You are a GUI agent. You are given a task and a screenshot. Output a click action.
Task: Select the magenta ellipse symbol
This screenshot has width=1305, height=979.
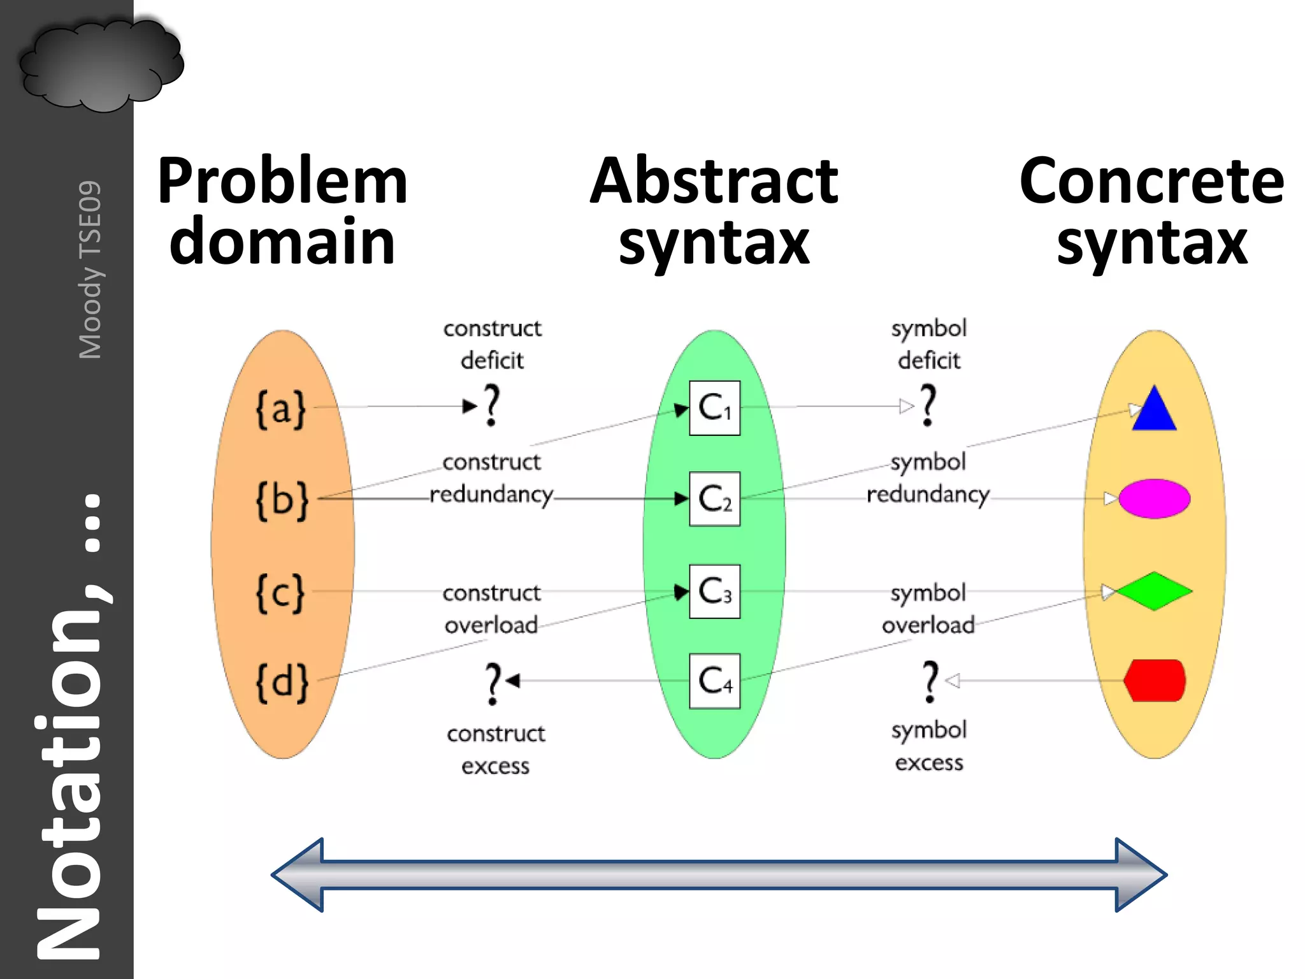tap(1154, 498)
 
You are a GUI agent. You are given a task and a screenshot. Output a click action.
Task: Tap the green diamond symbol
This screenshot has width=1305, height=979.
tap(1154, 591)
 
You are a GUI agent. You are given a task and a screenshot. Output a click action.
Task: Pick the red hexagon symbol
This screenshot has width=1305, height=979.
tap(1154, 680)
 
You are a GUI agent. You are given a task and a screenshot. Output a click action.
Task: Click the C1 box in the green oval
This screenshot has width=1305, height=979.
tap(714, 408)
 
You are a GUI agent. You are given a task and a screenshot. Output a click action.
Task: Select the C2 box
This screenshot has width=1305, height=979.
tap(714, 498)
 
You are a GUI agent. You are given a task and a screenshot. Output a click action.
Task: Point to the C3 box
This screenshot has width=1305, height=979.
tap(714, 591)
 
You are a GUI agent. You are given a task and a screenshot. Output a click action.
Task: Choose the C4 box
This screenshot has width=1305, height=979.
tap(714, 681)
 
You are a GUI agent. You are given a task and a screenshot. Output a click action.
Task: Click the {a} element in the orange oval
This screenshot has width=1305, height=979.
tap(281, 409)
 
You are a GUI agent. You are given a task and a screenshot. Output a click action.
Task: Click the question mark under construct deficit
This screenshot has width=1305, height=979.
tap(491, 405)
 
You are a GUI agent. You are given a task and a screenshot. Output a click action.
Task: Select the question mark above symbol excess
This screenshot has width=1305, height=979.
tap(930, 682)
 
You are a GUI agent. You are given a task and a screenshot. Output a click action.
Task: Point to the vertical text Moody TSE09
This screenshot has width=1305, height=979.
tap(90, 270)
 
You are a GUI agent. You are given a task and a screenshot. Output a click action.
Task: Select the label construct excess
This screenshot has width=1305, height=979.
tap(496, 750)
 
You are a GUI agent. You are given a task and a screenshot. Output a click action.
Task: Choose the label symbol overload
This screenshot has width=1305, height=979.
tap(928, 609)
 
